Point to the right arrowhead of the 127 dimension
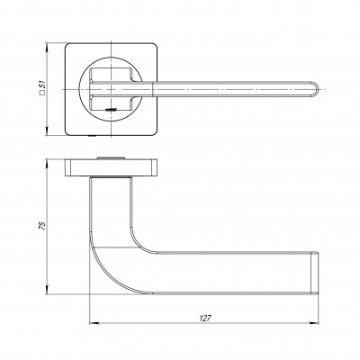pyautogui.click(x=321, y=325)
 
